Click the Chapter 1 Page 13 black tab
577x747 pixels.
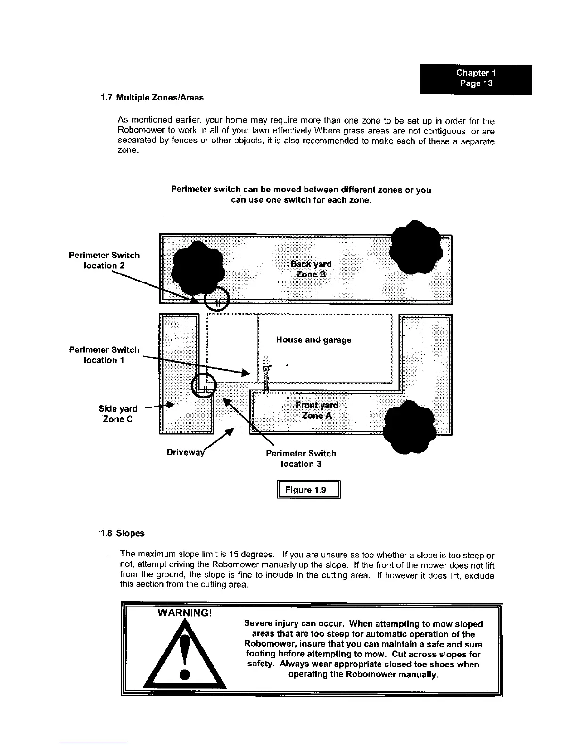click(476, 79)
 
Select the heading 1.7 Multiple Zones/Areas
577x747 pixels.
click(152, 98)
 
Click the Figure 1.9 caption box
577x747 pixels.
click(309, 490)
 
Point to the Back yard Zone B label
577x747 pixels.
click(311, 269)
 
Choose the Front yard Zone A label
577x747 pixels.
click(316, 410)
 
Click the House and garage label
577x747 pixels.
click(313, 340)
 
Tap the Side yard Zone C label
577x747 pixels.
click(118, 414)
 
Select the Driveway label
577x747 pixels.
click(186, 453)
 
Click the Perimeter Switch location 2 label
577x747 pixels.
click(104, 260)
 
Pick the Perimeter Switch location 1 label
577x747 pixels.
click(104, 355)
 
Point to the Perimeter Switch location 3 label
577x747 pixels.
click(301, 458)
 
